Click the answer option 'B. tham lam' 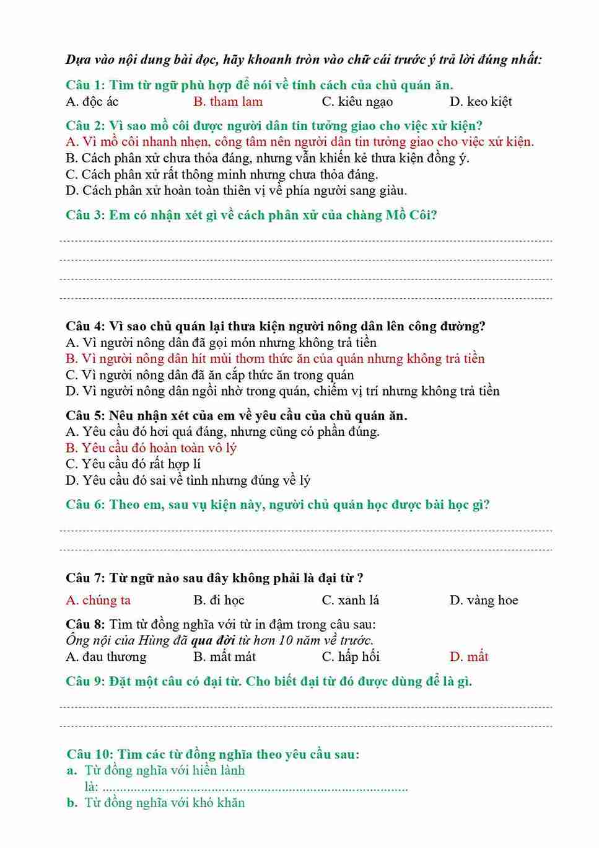click(x=227, y=102)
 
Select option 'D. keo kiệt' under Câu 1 click(x=480, y=102)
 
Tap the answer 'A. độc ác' click(x=92, y=102)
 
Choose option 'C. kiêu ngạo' click(x=357, y=102)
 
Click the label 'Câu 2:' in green click(x=85, y=126)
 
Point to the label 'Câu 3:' click(x=85, y=215)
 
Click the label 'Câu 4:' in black click(x=85, y=326)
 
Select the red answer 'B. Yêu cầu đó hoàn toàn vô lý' click(x=151, y=448)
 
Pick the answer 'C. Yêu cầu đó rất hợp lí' click(x=133, y=464)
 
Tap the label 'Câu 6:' click(x=85, y=505)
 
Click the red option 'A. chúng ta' click(x=98, y=600)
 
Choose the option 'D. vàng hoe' click(x=483, y=600)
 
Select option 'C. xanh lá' click(x=350, y=600)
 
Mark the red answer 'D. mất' click(x=468, y=656)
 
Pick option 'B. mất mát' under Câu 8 click(x=224, y=656)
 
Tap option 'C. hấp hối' click(x=350, y=656)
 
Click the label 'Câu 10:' click(x=90, y=754)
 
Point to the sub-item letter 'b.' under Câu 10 click(x=72, y=803)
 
